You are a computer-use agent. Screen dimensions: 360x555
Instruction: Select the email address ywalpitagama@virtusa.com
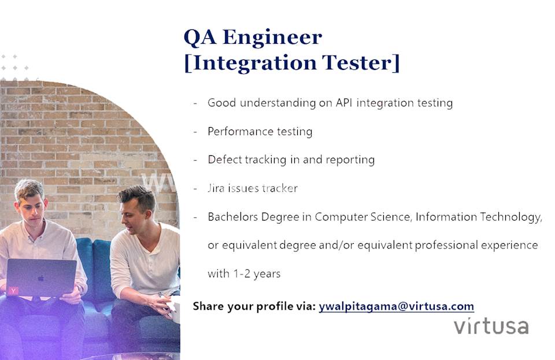396,306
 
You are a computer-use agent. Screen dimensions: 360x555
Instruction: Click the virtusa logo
491,325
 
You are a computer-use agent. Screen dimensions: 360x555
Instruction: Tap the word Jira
217,188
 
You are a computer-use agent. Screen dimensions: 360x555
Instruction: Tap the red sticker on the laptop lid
13,290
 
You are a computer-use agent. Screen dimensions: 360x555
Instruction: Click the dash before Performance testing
195,131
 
